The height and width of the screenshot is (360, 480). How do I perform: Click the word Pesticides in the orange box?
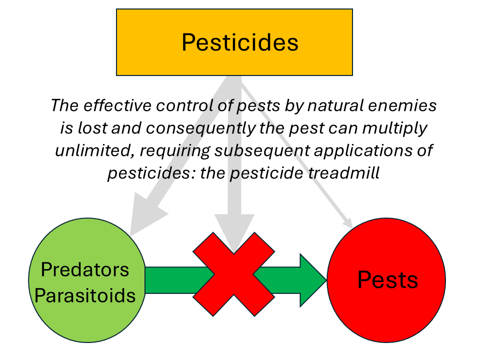[239, 42]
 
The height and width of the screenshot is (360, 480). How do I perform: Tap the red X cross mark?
[233, 274]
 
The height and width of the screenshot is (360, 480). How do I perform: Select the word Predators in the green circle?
[84, 270]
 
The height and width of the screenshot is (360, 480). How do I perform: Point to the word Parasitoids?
[84, 295]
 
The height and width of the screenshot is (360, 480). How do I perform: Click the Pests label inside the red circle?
[387, 279]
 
